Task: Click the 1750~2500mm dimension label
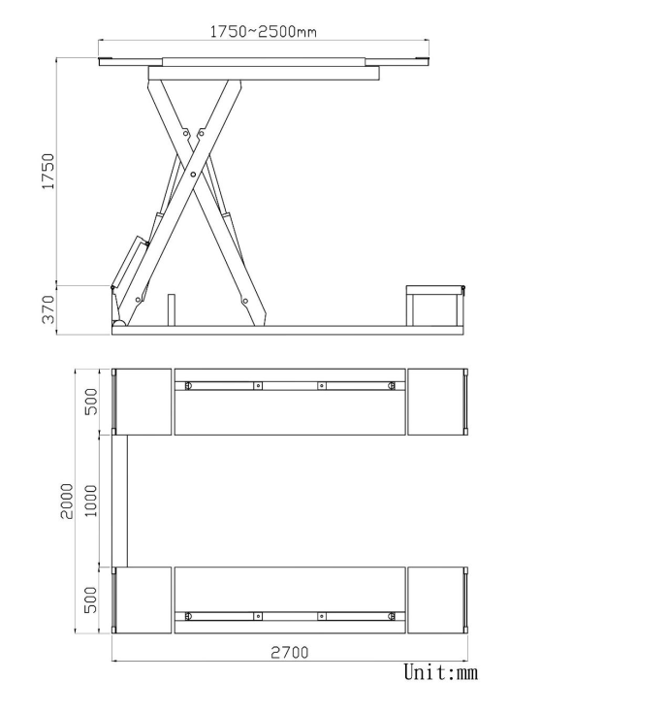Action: tap(264, 32)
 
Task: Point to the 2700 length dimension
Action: tap(289, 652)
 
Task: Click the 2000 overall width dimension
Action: tap(67, 501)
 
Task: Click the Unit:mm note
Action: tap(440, 672)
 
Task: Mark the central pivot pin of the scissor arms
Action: tap(194, 175)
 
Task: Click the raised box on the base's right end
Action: tap(433, 306)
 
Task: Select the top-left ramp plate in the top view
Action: tap(143, 402)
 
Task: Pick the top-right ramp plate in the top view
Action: tap(435, 402)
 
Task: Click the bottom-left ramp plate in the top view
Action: tap(143, 600)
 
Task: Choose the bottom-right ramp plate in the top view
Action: tap(435, 600)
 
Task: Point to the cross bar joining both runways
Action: tap(120, 501)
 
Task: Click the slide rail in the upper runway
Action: tap(290, 385)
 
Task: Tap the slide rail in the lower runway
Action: tap(290, 615)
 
